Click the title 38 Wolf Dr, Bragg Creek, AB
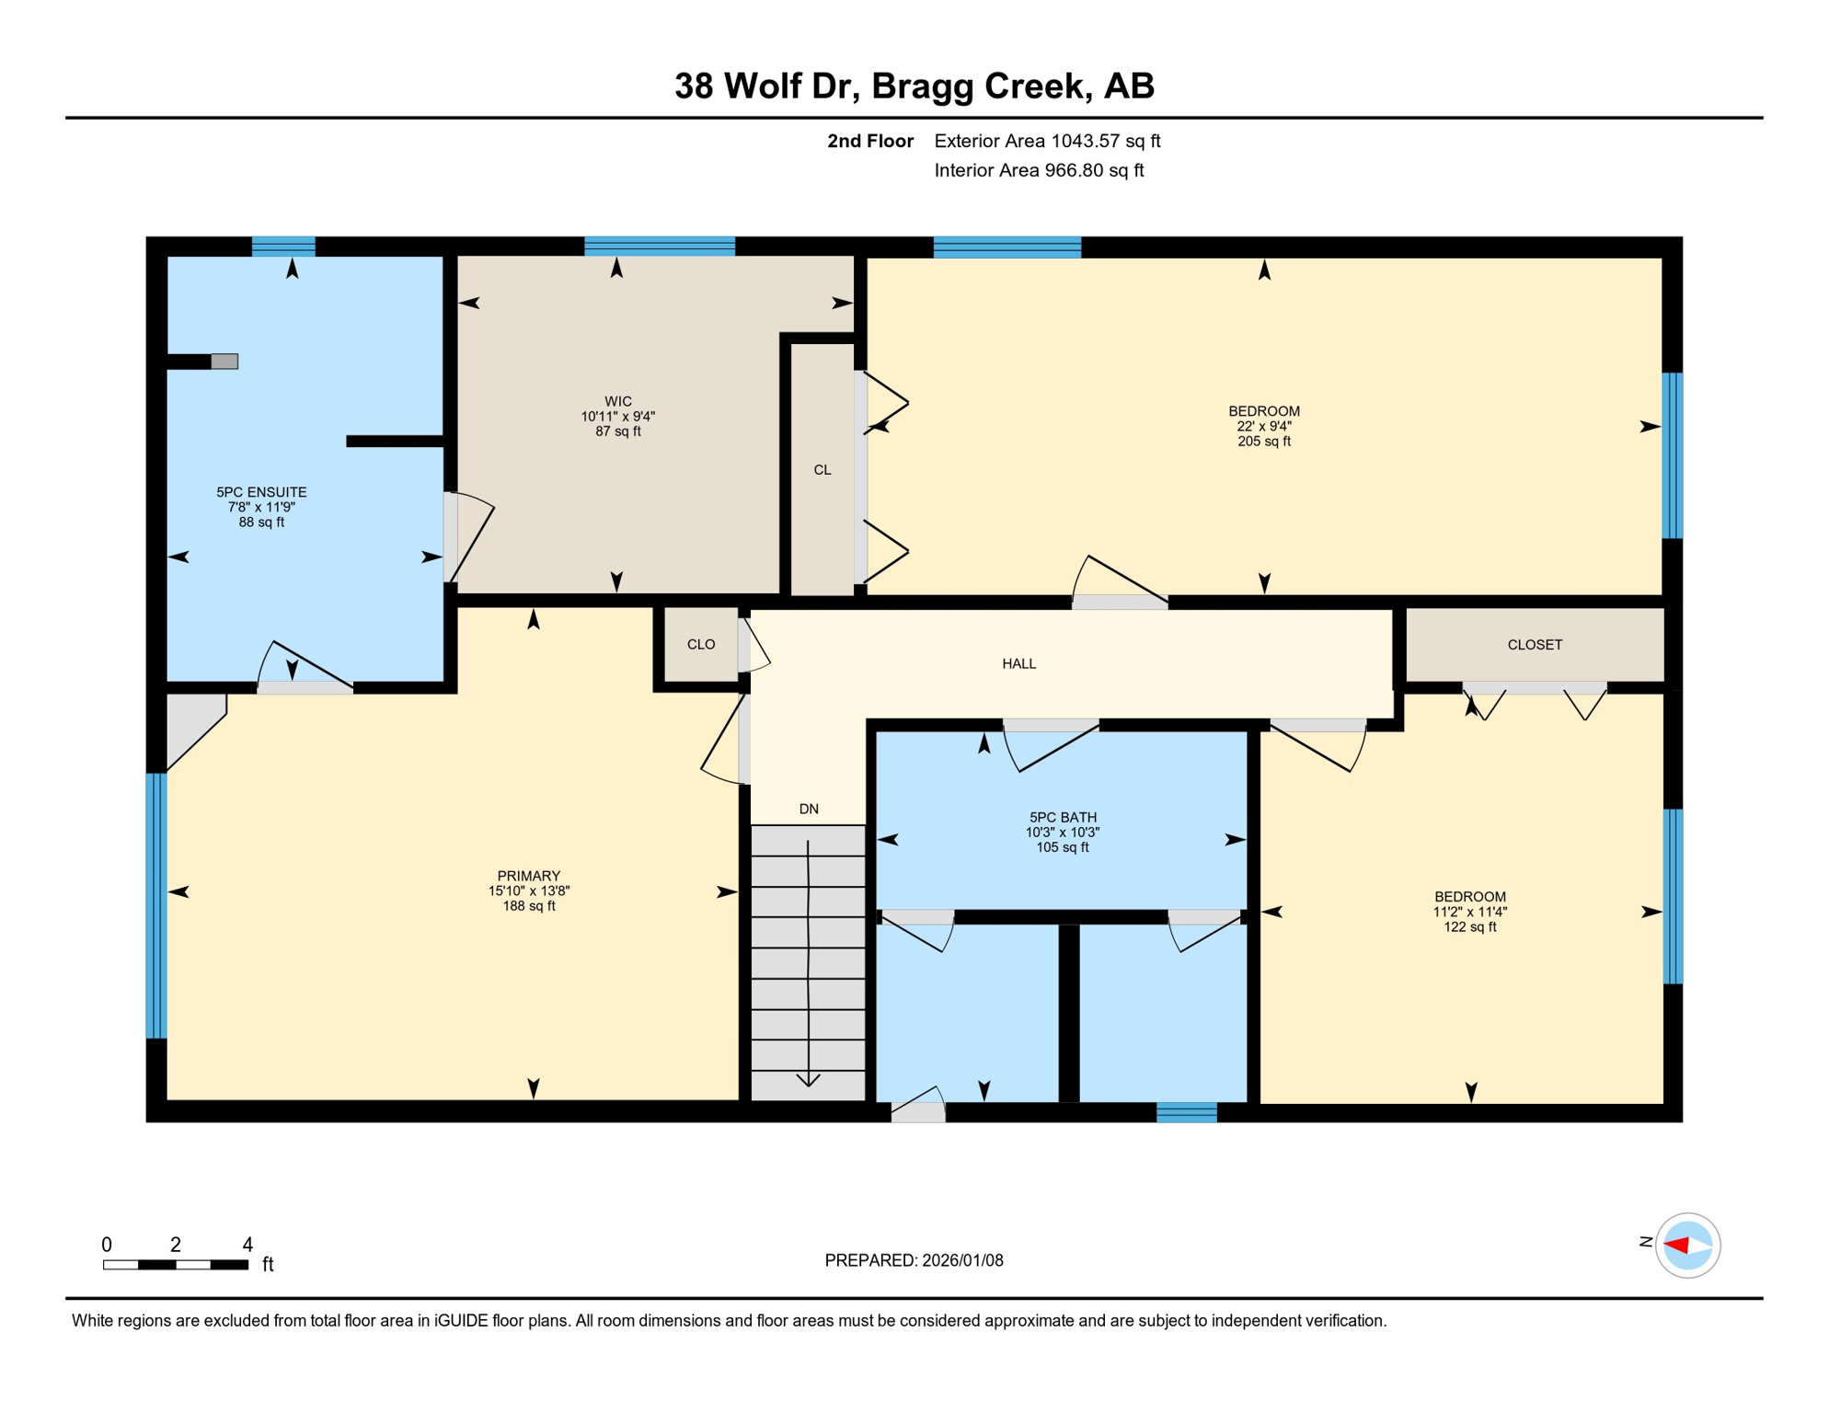(914, 86)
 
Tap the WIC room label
(617, 401)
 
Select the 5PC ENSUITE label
(261, 492)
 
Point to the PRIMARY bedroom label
(528, 876)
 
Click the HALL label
(1018, 663)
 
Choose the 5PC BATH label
(1063, 817)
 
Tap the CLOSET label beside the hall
(1534, 645)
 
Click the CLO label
(700, 645)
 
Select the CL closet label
(822, 470)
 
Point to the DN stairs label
(808, 809)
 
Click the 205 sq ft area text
(1263, 442)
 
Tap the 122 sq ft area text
(1469, 927)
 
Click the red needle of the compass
(1676, 1246)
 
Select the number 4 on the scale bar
(247, 1245)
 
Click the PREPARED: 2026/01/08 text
(914, 1260)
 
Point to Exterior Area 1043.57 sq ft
(1047, 141)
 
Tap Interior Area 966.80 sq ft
(1039, 170)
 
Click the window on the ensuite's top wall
(283, 246)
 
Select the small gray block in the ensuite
(224, 362)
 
